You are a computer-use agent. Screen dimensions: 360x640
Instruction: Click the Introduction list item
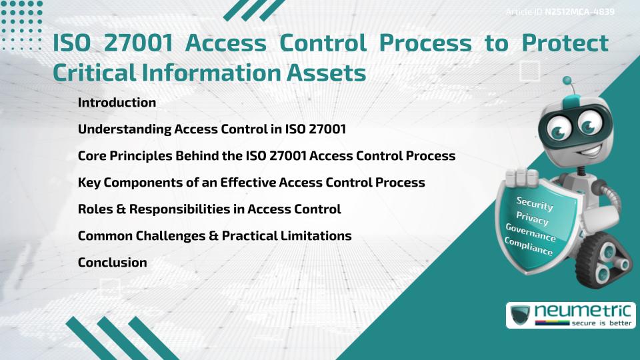(x=117, y=103)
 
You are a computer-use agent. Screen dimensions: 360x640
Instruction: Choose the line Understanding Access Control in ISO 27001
(x=211, y=129)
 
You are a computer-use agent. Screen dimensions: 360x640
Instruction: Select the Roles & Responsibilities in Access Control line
(x=209, y=209)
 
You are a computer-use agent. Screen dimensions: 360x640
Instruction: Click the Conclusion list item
(x=112, y=263)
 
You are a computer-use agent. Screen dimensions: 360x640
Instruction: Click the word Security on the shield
(x=535, y=204)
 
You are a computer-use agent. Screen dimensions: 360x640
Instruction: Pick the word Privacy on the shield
(x=532, y=219)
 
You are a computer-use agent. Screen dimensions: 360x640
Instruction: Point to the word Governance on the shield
(x=531, y=233)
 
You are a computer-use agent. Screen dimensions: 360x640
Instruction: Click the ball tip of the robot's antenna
(x=568, y=81)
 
